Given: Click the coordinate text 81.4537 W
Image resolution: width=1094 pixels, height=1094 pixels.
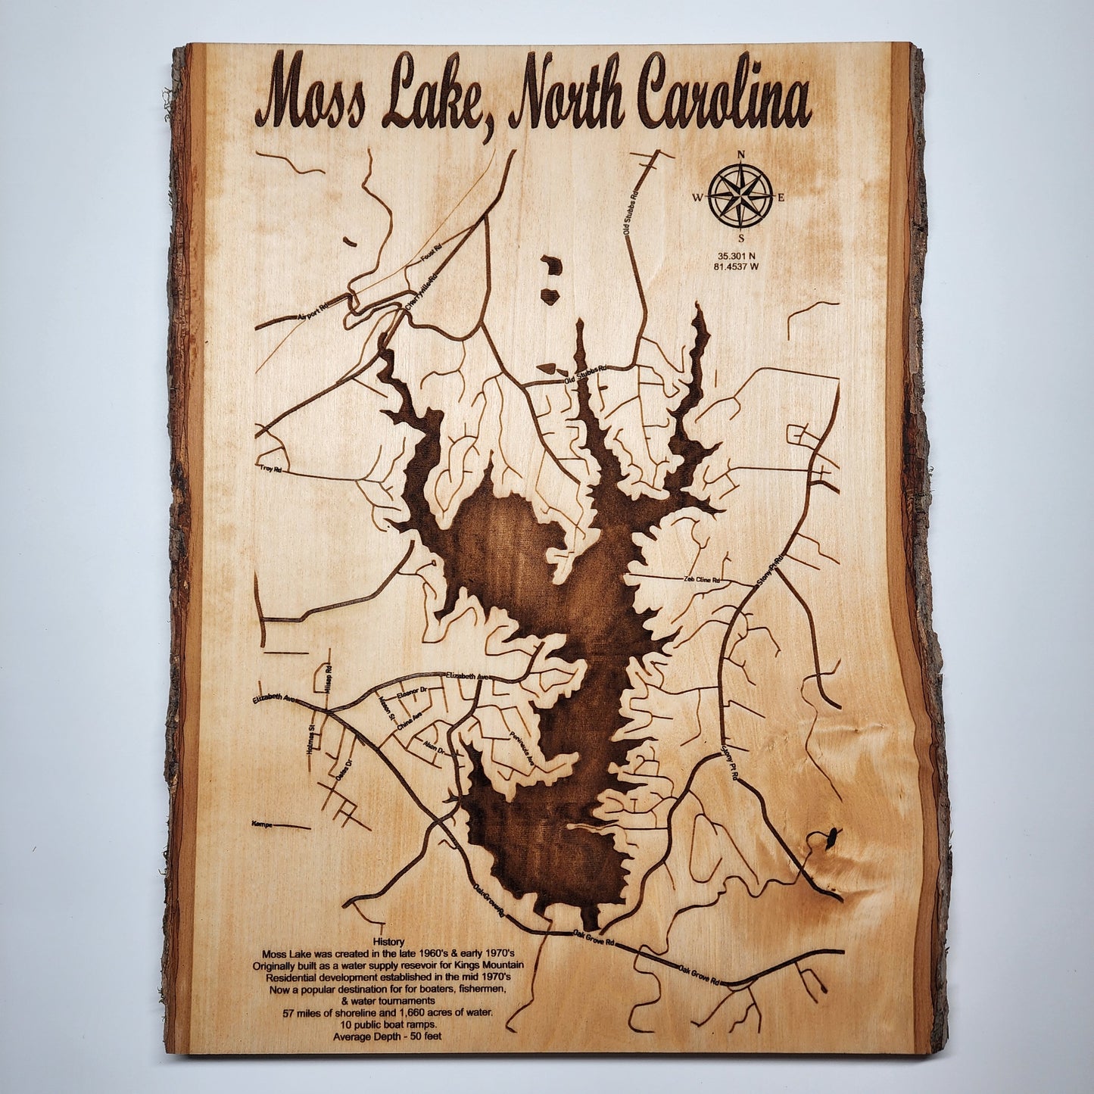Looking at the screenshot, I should click(740, 266).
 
